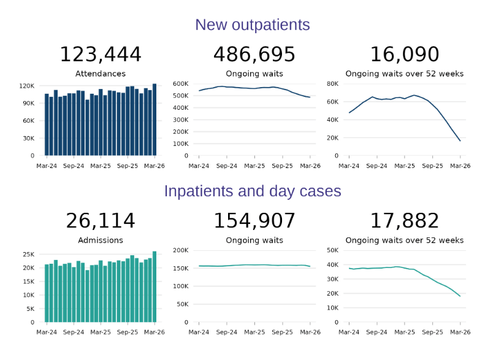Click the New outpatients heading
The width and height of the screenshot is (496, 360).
252,25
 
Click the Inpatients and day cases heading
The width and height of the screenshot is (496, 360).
252,191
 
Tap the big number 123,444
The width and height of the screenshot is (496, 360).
100,55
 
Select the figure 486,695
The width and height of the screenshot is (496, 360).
254,55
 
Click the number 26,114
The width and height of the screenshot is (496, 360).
100,221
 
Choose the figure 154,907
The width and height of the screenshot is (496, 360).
254,221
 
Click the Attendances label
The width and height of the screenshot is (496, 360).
100,74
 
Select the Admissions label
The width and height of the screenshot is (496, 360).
100,240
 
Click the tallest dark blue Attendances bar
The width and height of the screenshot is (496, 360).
155,120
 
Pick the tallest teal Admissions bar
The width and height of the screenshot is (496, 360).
155,286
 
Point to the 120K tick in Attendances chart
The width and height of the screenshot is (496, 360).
28,86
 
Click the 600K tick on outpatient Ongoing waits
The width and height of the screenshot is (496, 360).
180,83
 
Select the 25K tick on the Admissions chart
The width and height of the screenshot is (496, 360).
29,255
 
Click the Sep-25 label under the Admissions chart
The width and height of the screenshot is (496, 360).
128,332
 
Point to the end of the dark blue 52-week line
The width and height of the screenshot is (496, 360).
460,141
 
